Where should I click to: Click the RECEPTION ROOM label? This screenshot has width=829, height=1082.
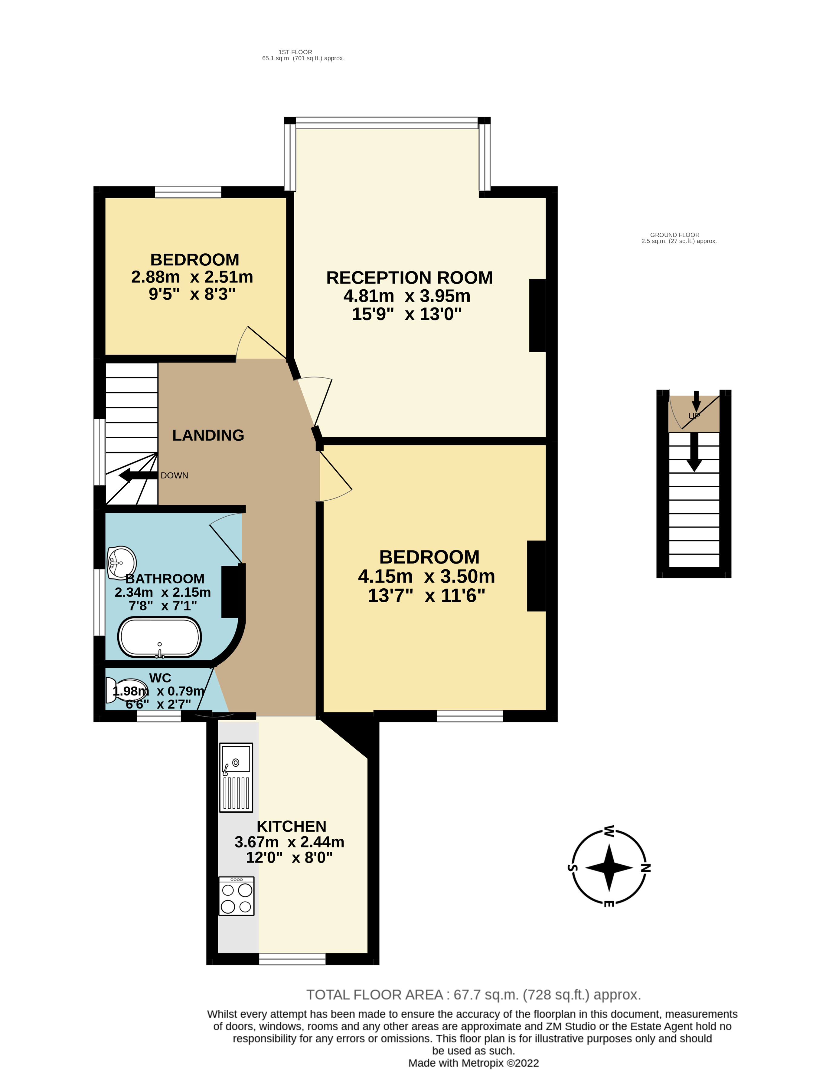[x=409, y=278]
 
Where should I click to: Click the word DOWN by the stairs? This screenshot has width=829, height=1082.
[x=174, y=475]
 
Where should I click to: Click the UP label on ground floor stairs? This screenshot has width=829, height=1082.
[x=694, y=416]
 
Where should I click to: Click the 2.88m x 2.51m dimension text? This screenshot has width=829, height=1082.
[x=192, y=277]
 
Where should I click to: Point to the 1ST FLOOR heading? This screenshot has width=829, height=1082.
[x=295, y=52]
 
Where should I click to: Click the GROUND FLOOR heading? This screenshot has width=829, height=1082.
[x=674, y=235]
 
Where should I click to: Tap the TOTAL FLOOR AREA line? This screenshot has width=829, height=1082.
[x=473, y=995]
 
